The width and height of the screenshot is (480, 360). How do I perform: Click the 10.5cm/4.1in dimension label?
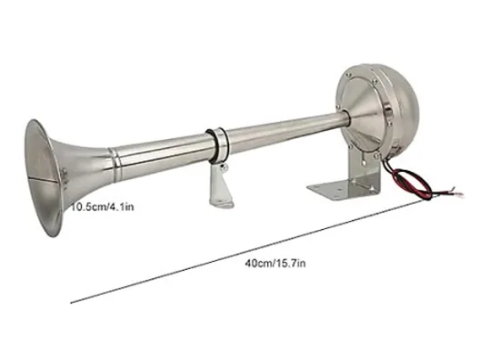click(103, 207)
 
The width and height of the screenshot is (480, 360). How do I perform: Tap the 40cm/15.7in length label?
click(275, 264)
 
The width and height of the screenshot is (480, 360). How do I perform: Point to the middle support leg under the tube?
click(221, 186)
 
